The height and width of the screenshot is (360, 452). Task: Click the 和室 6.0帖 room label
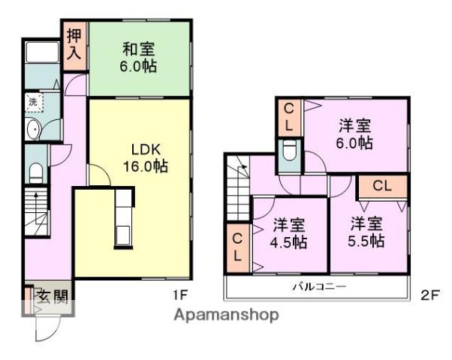point(140,58)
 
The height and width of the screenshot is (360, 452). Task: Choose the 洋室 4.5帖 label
point(289,232)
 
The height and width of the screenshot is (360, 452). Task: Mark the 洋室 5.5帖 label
point(367,232)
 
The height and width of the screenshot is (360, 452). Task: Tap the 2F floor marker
point(429,294)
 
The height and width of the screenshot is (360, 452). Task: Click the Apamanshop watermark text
point(226,314)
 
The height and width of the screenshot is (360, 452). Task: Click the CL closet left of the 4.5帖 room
point(237,247)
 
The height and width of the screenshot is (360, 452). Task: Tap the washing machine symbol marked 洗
point(33,101)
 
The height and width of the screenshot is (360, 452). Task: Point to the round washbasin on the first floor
point(33,130)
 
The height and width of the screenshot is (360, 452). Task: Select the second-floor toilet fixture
point(289,156)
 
